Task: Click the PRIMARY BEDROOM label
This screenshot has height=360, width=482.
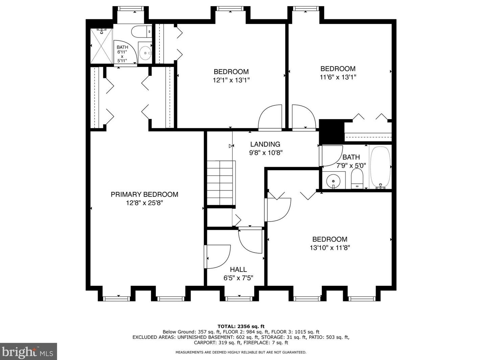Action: (x=144, y=195)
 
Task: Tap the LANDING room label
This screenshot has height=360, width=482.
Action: (x=265, y=144)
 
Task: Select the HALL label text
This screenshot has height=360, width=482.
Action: (x=238, y=269)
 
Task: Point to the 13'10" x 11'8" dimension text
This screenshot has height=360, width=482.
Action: (x=330, y=248)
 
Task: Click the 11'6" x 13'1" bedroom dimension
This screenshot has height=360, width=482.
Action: (x=338, y=77)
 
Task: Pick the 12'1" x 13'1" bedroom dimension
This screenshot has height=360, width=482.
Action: (x=231, y=80)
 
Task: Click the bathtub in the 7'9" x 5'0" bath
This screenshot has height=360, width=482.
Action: (x=380, y=167)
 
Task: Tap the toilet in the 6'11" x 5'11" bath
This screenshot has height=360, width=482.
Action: (x=141, y=32)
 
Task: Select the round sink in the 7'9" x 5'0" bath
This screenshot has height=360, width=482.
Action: (x=333, y=181)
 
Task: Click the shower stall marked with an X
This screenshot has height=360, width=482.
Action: (x=101, y=46)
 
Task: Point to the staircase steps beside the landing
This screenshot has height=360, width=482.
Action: (x=221, y=183)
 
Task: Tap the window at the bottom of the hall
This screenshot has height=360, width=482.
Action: (x=239, y=299)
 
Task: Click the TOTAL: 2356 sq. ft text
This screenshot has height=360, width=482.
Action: (x=241, y=327)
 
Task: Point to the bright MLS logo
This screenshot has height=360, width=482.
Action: (x=28, y=352)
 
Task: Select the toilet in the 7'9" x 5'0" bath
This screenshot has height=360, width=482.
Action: (x=357, y=179)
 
